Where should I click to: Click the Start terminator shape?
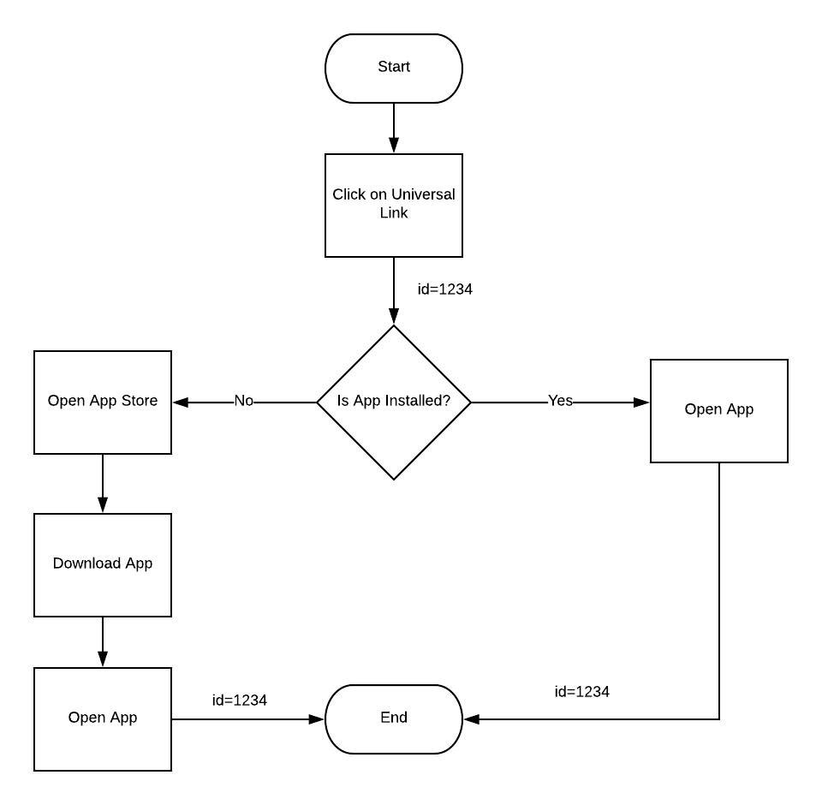coord(394,69)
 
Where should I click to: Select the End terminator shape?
coord(394,719)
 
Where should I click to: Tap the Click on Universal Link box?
coord(394,206)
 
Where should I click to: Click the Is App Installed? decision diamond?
coord(394,402)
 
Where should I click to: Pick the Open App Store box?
coord(103,402)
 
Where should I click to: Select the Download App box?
coord(103,565)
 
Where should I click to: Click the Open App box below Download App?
coord(103,719)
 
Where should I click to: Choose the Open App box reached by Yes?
coord(719,411)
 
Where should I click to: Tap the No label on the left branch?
coord(244,401)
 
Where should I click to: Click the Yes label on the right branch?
coord(560,401)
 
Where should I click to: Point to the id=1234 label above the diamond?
coord(445,289)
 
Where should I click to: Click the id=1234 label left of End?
coord(240,701)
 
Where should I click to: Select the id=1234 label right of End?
coord(582,692)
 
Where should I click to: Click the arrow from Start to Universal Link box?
coord(394,128)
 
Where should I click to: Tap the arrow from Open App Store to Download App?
coord(103,484)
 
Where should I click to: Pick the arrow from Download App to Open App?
coord(103,642)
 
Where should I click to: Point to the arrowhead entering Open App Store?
coord(180,402)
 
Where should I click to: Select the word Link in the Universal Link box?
coord(394,213)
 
